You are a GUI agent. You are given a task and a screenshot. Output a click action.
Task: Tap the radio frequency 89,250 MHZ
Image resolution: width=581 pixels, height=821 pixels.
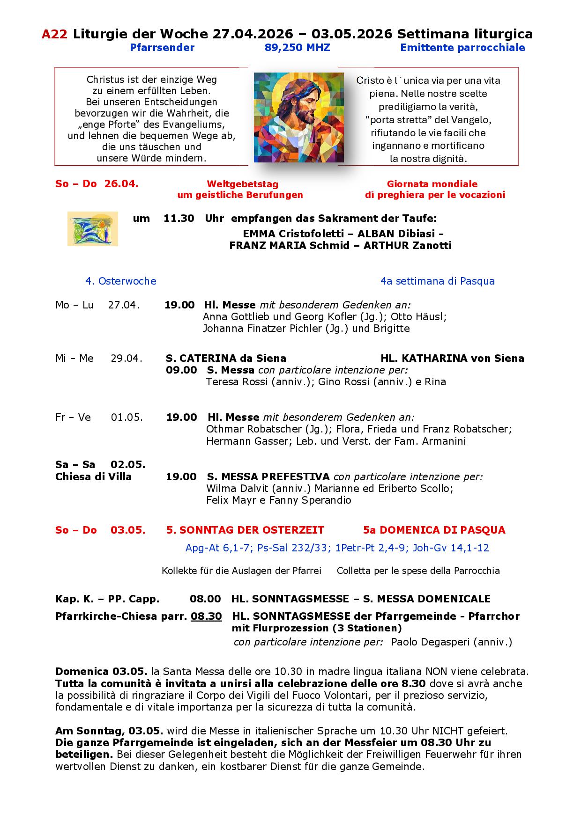(297, 48)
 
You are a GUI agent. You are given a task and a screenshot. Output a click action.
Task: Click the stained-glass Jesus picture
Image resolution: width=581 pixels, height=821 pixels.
(298, 117)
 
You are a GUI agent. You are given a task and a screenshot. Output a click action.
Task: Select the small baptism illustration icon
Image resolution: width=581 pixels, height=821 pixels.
(93, 228)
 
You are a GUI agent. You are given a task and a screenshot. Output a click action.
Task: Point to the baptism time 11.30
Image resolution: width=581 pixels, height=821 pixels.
(179, 218)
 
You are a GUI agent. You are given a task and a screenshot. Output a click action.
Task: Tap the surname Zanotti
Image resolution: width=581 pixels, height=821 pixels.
(433, 245)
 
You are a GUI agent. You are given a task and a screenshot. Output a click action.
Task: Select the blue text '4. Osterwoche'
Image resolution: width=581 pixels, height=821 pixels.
(120, 281)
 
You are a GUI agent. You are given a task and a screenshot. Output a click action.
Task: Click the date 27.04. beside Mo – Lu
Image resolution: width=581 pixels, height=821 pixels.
(124, 305)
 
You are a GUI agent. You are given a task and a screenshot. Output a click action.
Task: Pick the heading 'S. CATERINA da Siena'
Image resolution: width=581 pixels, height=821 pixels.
(226, 359)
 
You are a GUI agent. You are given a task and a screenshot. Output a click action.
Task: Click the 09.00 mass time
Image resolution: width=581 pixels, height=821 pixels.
(181, 370)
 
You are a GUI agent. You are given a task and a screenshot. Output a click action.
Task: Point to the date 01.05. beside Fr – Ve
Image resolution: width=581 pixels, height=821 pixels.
(127, 418)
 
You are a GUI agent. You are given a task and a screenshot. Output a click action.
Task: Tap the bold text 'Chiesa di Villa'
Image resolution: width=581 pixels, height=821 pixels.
(93, 477)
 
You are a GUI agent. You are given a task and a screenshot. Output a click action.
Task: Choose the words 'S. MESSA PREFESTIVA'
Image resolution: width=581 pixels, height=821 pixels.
(268, 477)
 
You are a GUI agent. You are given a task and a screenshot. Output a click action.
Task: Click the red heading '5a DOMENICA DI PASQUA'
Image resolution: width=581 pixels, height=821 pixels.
(434, 530)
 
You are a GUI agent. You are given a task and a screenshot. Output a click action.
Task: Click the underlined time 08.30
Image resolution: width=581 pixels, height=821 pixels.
(206, 616)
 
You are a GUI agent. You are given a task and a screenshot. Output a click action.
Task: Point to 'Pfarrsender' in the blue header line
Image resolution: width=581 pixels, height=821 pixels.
(162, 48)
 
